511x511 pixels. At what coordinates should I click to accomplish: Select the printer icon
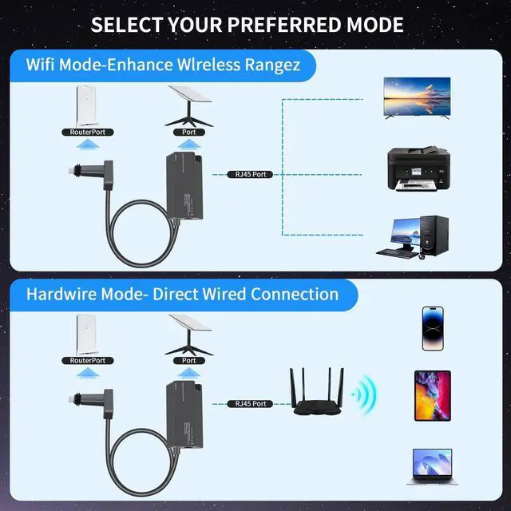416,168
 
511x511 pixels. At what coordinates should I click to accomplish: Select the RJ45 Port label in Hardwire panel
248,405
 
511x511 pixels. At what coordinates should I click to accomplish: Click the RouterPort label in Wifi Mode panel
88,130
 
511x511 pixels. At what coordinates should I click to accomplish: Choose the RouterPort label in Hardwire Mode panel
88,361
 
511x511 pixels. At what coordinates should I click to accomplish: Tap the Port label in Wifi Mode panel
188,130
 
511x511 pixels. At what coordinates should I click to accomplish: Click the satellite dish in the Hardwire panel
189,332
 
